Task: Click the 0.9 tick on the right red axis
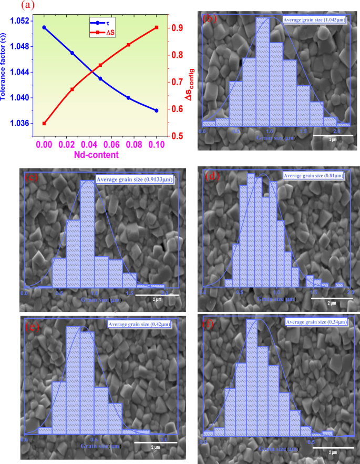tap(177, 27)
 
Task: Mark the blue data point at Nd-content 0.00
tap(44, 27)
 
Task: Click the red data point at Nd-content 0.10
tap(156, 27)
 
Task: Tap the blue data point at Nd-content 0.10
tap(156, 110)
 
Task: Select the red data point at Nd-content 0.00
tap(44, 124)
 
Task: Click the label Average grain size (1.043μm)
tap(314, 20)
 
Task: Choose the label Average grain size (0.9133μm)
tap(135, 180)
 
